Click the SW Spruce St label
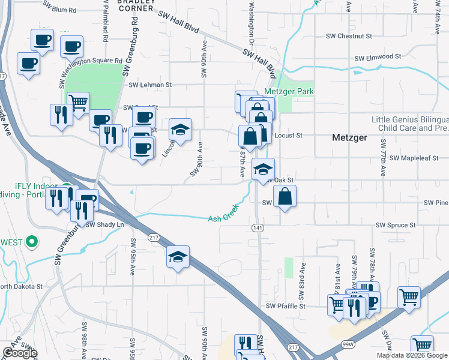click(x=396, y=225)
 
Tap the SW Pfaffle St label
click(x=286, y=305)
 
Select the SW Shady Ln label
click(x=104, y=224)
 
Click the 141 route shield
click(x=258, y=228)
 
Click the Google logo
click(x=19, y=353)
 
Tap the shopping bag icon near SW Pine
click(x=285, y=196)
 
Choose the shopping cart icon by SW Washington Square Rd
click(x=78, y=103)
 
